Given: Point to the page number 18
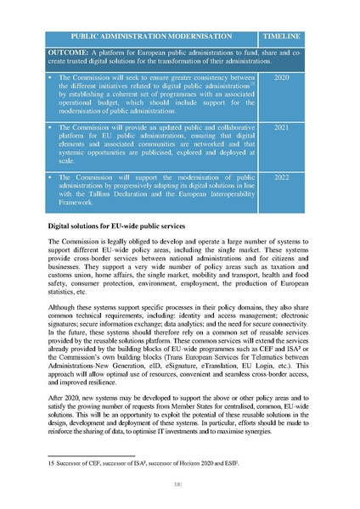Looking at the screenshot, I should pyautogui.click(x=180, y=484).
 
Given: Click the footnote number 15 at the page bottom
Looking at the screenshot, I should pyautogui.click(x=50, y=464).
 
